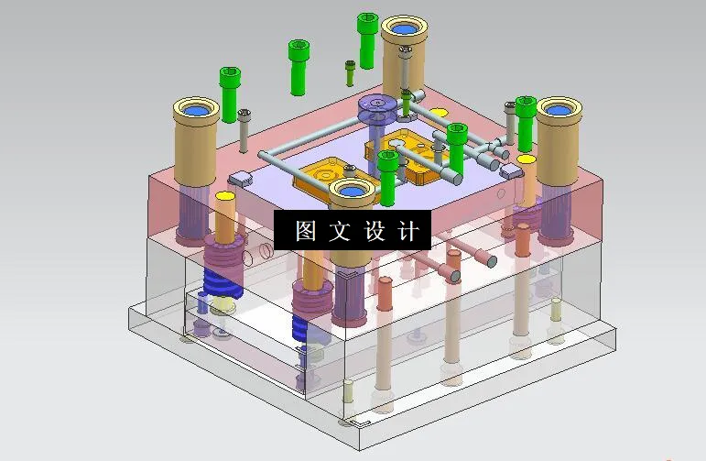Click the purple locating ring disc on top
coord(376,110)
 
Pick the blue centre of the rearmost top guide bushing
coord(405,30)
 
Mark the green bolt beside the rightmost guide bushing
coord(525,106)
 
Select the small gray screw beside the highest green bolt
coord(350,66)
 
